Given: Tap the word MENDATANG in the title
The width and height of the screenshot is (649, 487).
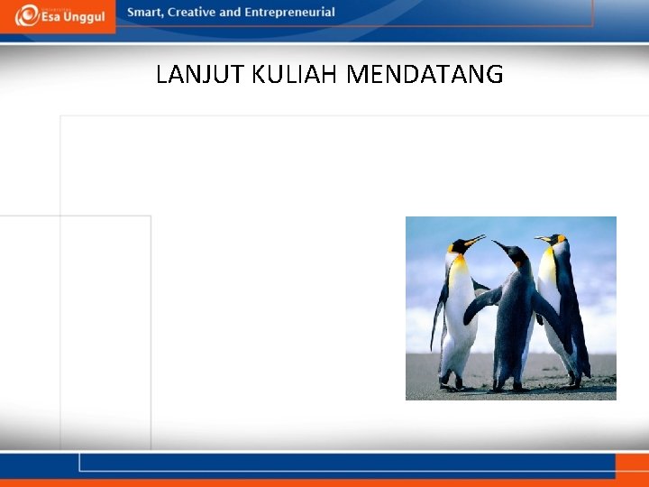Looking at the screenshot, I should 425,75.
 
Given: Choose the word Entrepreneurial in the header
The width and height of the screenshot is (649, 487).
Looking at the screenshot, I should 289,13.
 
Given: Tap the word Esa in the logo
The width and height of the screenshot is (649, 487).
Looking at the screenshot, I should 51,17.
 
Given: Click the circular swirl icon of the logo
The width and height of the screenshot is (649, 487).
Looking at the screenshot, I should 27,15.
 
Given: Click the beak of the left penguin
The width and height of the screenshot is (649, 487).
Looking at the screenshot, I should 474,240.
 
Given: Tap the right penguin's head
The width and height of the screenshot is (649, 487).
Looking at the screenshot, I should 555,239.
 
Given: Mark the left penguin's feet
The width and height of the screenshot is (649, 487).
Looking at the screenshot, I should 451,384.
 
